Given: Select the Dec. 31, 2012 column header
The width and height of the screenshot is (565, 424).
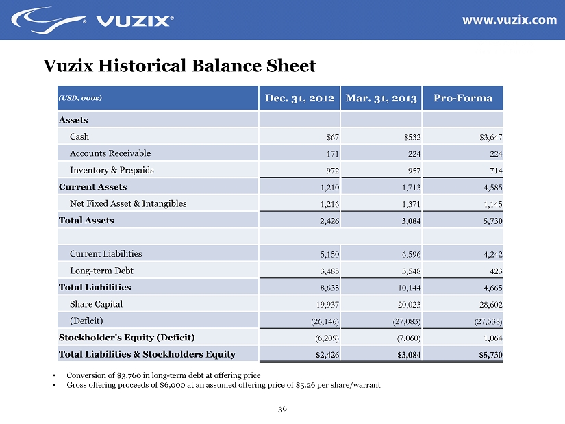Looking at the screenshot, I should click(299, 98).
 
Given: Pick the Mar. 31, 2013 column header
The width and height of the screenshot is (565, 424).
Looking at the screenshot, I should click(381, 98).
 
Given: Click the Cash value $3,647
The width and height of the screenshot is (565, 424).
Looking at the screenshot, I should click(490, 137).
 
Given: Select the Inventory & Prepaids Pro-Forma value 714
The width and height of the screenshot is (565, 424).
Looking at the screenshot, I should click(495, 171).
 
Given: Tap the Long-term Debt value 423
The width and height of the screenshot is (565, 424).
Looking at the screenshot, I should click(495, 271).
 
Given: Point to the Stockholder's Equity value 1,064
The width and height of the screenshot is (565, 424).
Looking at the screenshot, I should click(492, 338).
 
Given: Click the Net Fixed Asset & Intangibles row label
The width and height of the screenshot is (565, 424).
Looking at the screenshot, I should click(128, 203).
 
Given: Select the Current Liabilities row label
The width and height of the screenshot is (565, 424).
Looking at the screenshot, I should click(106, 253).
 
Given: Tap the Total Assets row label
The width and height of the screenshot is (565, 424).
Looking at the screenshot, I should click(86, 221).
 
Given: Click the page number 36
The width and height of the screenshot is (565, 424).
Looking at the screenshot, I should click(282, 410).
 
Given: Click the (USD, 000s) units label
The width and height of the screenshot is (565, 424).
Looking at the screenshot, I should click(81, 98).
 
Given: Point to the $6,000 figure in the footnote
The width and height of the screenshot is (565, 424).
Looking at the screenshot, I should click(158, 385).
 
